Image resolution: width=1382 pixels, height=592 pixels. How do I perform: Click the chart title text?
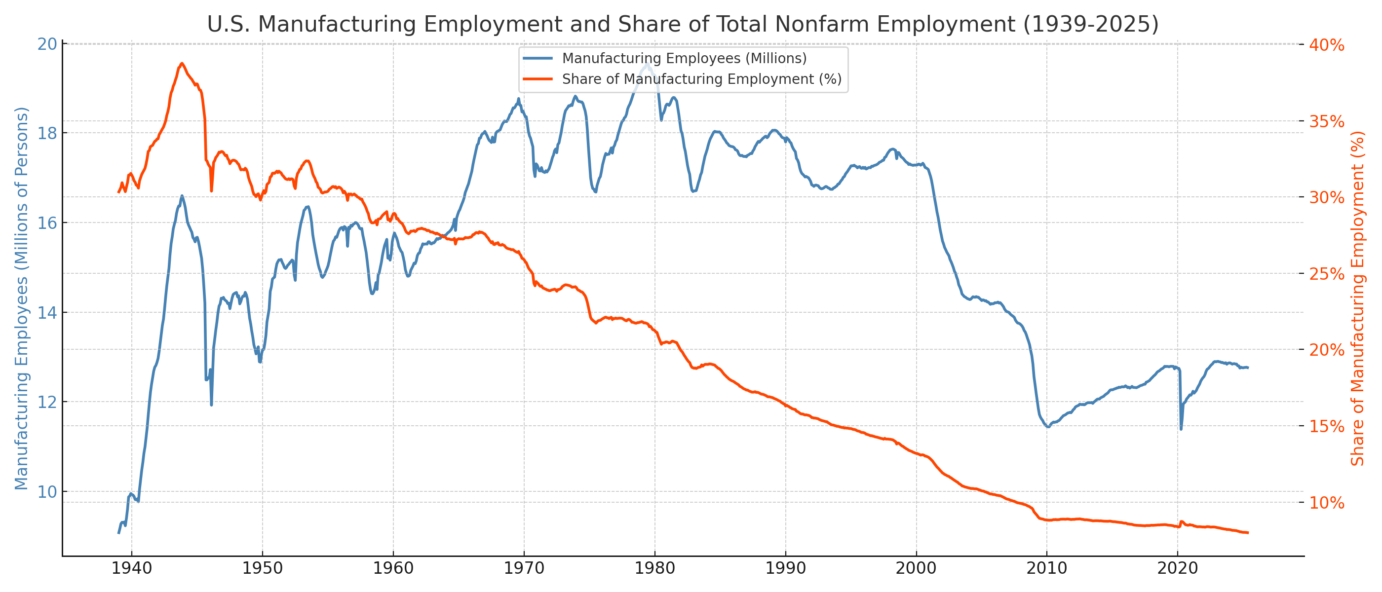pyautogui.click(x=683, y=25)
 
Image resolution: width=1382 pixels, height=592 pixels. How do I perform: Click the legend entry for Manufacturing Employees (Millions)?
pyautogui.click(x=684, y=58)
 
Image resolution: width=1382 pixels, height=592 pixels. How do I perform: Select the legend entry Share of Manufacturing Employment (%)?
pyautogui.click(x=701, y=79)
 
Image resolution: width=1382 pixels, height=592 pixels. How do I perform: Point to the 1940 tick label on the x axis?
pyautogui.click(x=131, y=569)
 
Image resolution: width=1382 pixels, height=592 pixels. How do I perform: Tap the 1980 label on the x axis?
pyautogui.click(x=654, y=569)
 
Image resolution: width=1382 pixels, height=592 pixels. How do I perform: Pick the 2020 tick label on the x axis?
pyautogui.click(x=1178, y=569)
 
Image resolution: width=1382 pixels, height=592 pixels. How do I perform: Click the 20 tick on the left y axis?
pyautogui.click(x=47, y=44)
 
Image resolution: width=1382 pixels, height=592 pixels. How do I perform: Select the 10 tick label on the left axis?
pyautogui.click(x=47, y=492)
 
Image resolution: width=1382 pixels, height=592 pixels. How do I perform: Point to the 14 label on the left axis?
pyautogui.click(x=47, y=313)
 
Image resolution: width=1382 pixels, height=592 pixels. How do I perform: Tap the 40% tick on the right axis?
pyautogui.click(x=1326, y=45)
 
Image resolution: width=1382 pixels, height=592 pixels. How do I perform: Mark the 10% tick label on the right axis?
pyautogui.click(x=1326, y=503)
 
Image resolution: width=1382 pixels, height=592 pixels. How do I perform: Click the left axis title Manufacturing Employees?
pyautogui.click(x=21, y=298)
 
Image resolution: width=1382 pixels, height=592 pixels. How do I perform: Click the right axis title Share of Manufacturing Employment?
pyautogui.click(x=1357, y=298)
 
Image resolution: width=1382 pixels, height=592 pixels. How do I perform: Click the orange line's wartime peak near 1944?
pyautogui.click(x=182, y=63)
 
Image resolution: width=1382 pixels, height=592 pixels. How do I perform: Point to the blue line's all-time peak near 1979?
pyautogui.click(x=648, y=64)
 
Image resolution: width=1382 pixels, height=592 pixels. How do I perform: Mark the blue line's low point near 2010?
pyautogui.click(x=1048, y=427)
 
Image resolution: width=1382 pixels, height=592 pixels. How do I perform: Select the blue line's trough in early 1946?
pyautogui.click(x=211, y=405)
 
